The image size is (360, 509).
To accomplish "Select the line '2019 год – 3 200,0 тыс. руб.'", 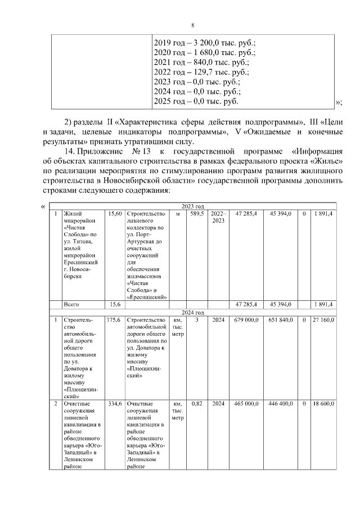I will tap(205, 43).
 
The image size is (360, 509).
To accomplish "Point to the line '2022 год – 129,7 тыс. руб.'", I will tap(201, 72).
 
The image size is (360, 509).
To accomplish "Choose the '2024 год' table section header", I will tap(192, 312).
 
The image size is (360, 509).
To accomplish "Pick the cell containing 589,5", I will tap(196, 214).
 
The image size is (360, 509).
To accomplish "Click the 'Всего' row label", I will tap(71, 304).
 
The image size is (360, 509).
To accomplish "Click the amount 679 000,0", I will tap(246, 320).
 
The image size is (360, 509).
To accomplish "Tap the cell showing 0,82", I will tap(196, 404).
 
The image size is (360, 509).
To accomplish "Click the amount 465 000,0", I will tap(246, 404).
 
